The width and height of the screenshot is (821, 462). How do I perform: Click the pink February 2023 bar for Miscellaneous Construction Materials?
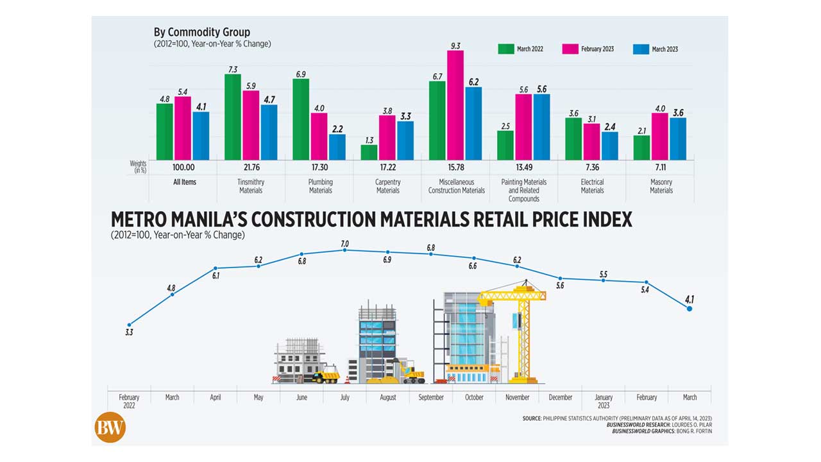click(455, 105)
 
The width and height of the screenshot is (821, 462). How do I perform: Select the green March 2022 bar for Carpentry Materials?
click(369, 152)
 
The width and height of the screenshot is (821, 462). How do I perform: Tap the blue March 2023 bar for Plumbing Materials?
click(337, 147)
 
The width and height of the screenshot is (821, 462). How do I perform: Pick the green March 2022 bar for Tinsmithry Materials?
click(233, 117)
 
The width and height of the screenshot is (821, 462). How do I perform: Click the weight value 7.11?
click(661, 167)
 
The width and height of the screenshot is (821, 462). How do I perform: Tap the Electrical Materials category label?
click(592, 186)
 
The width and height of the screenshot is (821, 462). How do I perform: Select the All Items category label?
click(184, 182)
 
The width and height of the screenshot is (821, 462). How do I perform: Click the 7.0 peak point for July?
click(345, 250)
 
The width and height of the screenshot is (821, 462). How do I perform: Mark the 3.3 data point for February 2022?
click(130, 325)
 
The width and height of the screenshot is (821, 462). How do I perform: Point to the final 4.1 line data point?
click(690, 309)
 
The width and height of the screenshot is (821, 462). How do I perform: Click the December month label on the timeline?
click(560, 397)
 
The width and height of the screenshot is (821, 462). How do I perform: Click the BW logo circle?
click(110, 427)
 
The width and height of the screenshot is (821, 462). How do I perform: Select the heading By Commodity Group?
click(201, 32)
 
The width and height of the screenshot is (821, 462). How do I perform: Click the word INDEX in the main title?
click(600, 219)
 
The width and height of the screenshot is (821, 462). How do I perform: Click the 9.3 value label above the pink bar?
click(455, 46)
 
